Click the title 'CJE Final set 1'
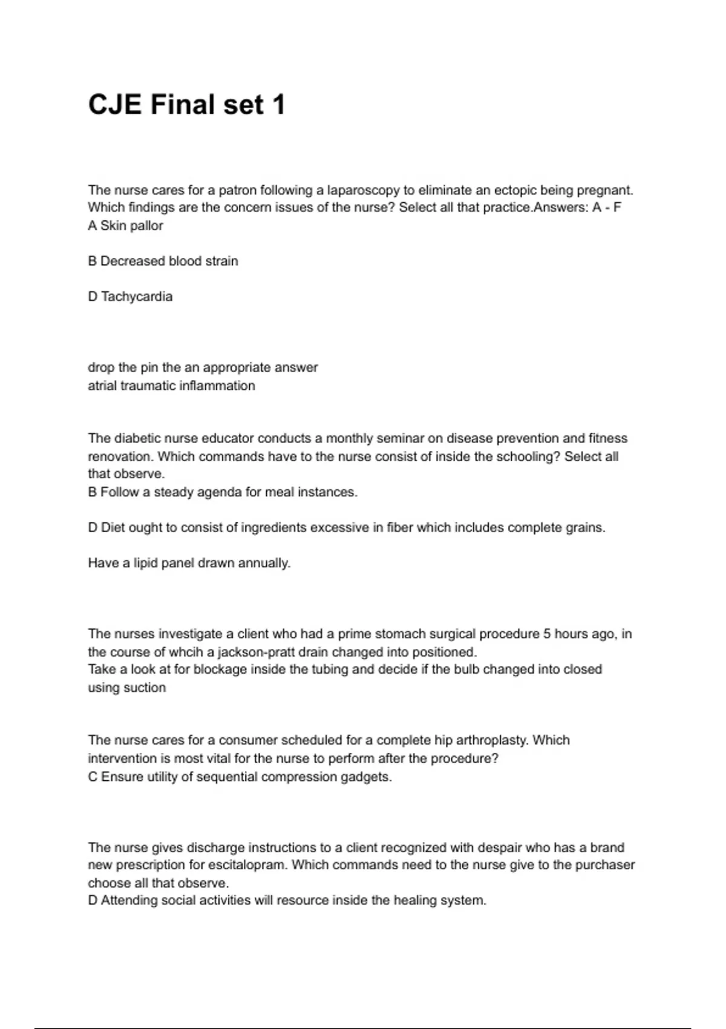point(186,105)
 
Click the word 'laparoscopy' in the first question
point(363,190)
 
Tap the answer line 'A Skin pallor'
point(125,226)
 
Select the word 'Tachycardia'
point(137,297)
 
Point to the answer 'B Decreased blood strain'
point(163,261)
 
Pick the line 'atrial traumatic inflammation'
point(171,386)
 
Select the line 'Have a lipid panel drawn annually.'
point(189,563)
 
